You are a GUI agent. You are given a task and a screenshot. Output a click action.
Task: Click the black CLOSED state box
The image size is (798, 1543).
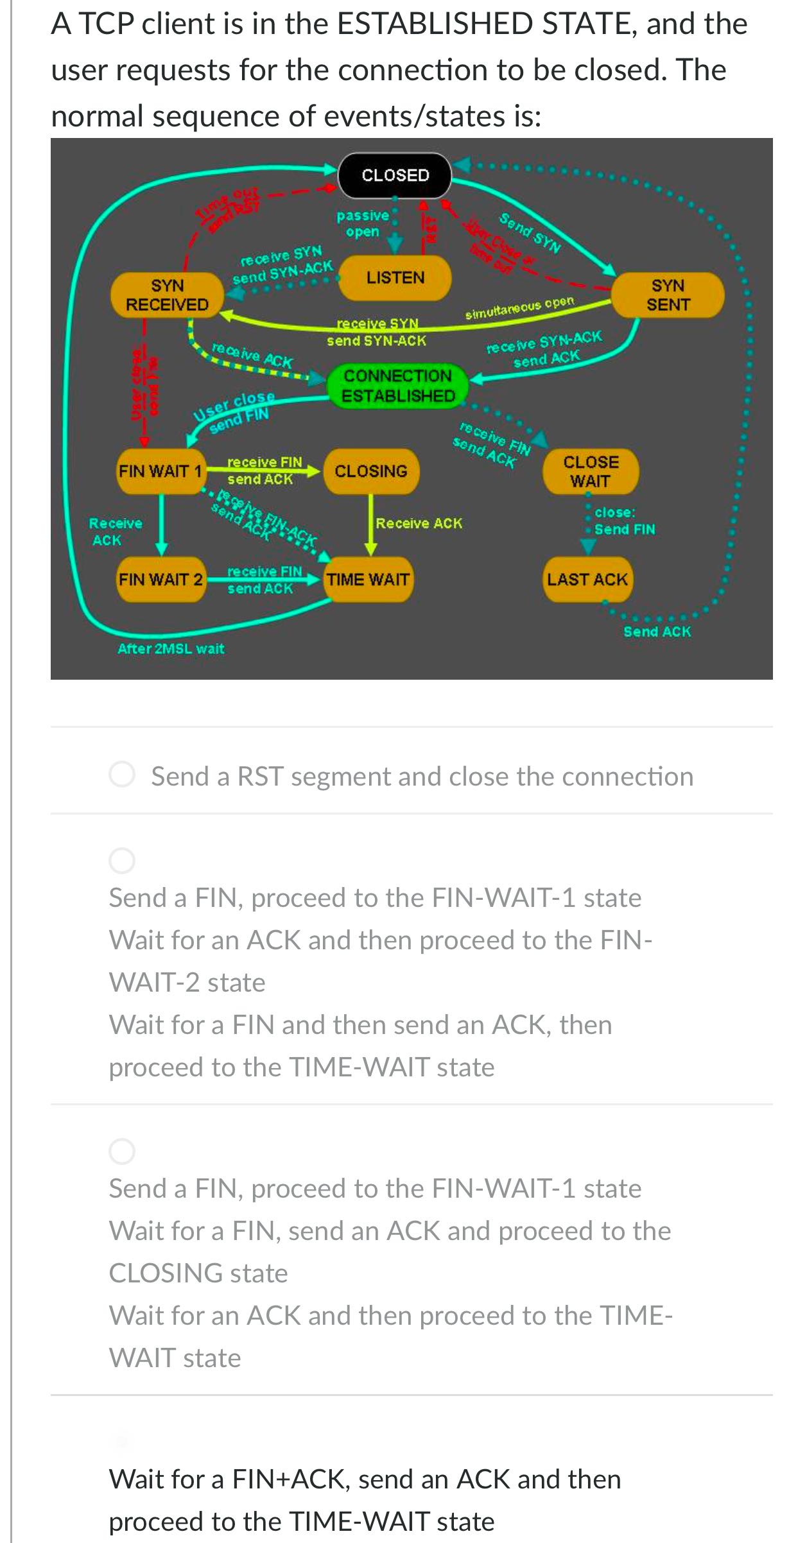coord(395,175)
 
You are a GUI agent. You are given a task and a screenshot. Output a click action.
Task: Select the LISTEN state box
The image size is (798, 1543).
coord(395,278)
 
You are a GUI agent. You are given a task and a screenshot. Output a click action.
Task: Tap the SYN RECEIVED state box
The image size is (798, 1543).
coord(167,295)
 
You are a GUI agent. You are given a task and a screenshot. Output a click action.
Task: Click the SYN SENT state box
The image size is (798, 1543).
coord(668,295)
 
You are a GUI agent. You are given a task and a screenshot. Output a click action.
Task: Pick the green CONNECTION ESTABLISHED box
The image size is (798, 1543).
coord(397,386)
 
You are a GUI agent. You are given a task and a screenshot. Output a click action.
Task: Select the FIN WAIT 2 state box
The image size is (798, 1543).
coord(160,580)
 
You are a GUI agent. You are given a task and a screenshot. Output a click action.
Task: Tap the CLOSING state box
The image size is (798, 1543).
coord(370,471)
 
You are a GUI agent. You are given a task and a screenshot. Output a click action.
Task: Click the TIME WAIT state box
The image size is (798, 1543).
coord(368,580)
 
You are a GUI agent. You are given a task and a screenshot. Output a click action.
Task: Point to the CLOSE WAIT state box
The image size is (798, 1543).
coord(591,471)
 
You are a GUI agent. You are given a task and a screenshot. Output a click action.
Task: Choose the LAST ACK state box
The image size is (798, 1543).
coord(587,580)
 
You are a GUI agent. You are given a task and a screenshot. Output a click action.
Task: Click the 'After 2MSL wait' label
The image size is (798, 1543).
coord(171,649)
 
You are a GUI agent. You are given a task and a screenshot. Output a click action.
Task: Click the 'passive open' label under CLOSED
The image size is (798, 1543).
coord(363,223)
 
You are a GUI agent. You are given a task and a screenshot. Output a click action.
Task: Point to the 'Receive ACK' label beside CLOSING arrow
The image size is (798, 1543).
coord(419,524)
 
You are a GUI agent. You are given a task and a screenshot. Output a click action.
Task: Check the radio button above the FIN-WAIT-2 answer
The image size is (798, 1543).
coord(122,861)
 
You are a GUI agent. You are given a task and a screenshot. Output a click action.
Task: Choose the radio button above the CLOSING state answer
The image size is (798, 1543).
coord(122,1151)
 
